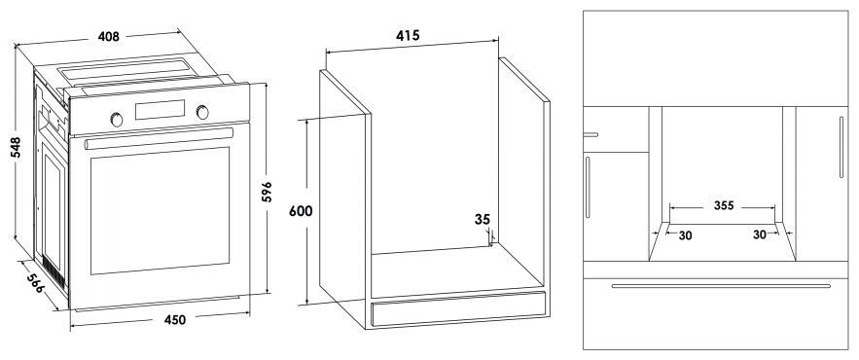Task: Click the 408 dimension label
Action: tap(109, 37)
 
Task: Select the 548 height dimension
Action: tap(16, 147)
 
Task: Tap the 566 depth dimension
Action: tap(37, 282)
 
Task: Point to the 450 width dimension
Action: tap(174, 319)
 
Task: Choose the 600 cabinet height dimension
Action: tap(301, 211)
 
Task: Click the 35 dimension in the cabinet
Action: tap(483, 220)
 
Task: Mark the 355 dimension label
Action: tap(723, 206)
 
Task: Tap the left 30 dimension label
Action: tap(685, 235)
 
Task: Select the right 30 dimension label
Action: tap(759, 234)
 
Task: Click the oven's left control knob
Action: tap(117, 119)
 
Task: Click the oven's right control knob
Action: tap(202, 112)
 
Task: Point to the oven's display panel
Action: tap(160, 110)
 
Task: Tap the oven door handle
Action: tap(159, 137)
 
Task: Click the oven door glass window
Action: tap(160, 210)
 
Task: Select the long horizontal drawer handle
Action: tap(721, 285)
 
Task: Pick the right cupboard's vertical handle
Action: tap(841, 147)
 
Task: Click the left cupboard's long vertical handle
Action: tap(588, 188)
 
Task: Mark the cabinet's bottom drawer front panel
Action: tap(458, 309)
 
